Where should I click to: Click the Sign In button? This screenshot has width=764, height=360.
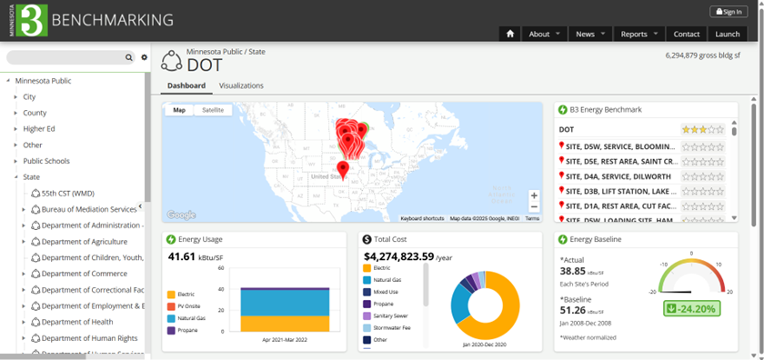pos(729,12)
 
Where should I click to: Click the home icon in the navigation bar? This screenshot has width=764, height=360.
pos(510,34)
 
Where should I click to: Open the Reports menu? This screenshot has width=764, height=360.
pos(638,34)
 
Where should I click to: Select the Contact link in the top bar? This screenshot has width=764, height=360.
pos(686,34)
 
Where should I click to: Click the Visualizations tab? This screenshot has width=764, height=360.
pos(241,85)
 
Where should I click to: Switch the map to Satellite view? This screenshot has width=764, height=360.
pos(213,110)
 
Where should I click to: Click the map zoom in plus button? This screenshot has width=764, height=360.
pos(534,195)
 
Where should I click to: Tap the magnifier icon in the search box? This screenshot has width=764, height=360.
pos(129,57)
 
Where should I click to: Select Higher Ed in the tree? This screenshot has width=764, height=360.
pos(39,129)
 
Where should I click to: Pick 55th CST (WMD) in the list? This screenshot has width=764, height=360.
pos(68,193)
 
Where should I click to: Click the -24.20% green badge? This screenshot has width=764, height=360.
pos(692,308)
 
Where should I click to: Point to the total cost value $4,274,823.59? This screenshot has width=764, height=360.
pos(398,257)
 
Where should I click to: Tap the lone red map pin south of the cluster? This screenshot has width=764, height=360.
pos(343,169)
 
